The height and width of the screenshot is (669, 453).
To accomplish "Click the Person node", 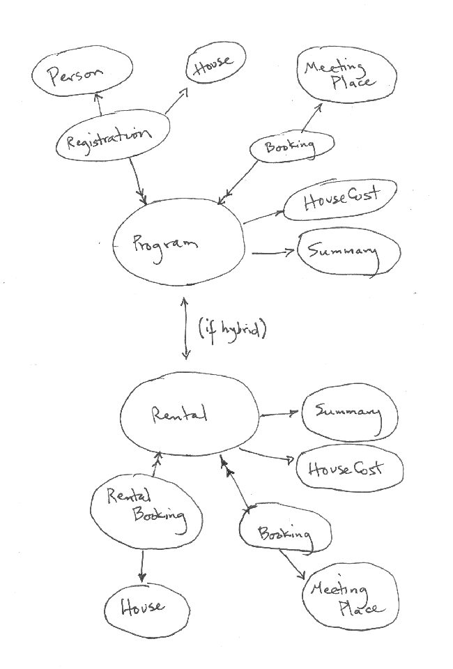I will (82, 75).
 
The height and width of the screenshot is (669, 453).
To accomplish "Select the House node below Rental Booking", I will (146, 608).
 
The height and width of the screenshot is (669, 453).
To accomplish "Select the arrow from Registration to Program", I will (139, 180).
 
